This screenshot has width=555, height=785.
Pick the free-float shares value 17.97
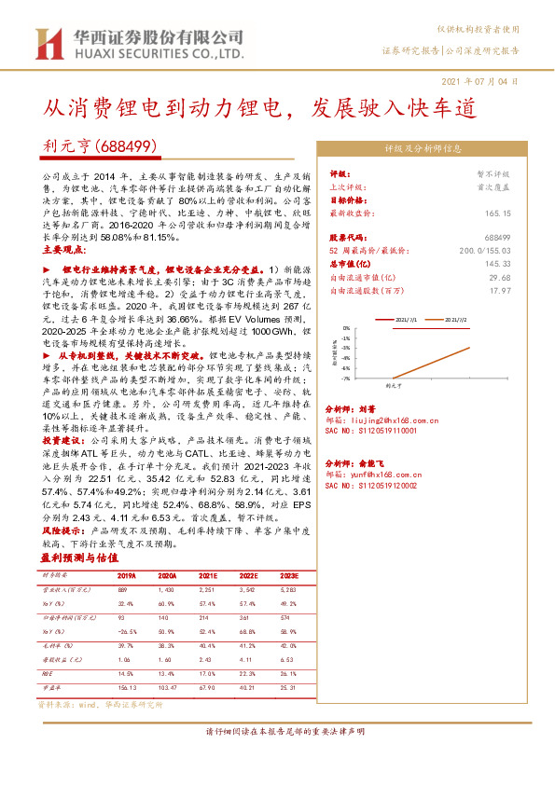click(501, 291)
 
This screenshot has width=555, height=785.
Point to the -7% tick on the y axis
click(345, 379)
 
